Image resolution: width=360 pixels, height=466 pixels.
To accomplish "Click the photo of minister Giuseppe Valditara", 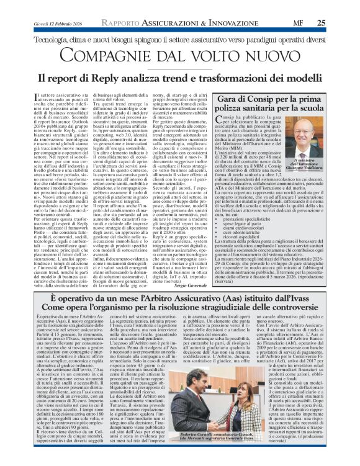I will [x=322, y=149].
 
